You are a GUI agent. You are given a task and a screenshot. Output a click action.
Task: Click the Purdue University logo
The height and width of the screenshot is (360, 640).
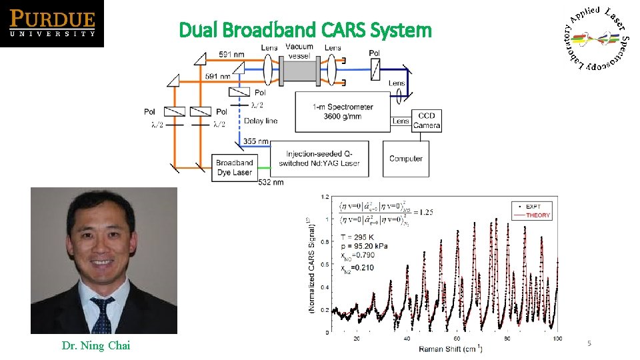point(52,24)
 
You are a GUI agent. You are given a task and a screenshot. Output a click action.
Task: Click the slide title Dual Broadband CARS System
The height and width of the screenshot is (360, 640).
point(305,30)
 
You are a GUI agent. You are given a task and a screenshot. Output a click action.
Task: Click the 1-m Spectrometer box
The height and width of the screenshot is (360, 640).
point(343,111)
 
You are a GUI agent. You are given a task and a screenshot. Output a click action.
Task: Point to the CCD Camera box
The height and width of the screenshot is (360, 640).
point(426,121)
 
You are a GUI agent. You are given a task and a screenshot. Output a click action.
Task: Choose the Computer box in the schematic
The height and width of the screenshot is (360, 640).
point(406,159)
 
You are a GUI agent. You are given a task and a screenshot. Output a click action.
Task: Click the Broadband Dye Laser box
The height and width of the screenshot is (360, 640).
point(235,167)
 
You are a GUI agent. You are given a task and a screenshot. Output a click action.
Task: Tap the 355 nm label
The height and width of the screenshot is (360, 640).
point(256,141)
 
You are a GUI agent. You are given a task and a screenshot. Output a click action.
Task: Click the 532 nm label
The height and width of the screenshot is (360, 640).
point(270,182)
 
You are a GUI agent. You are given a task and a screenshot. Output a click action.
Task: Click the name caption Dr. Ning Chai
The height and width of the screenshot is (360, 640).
point(96,345)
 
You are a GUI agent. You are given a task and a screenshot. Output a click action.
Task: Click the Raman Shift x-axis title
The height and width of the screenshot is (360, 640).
point(450,349)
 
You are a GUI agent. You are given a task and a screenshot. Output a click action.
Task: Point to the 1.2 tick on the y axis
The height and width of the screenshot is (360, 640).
point(325,197)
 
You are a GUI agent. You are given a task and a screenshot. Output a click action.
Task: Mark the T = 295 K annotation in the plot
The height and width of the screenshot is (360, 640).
point(359,237)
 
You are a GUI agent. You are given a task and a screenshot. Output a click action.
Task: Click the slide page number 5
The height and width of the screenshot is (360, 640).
point(589,343)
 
